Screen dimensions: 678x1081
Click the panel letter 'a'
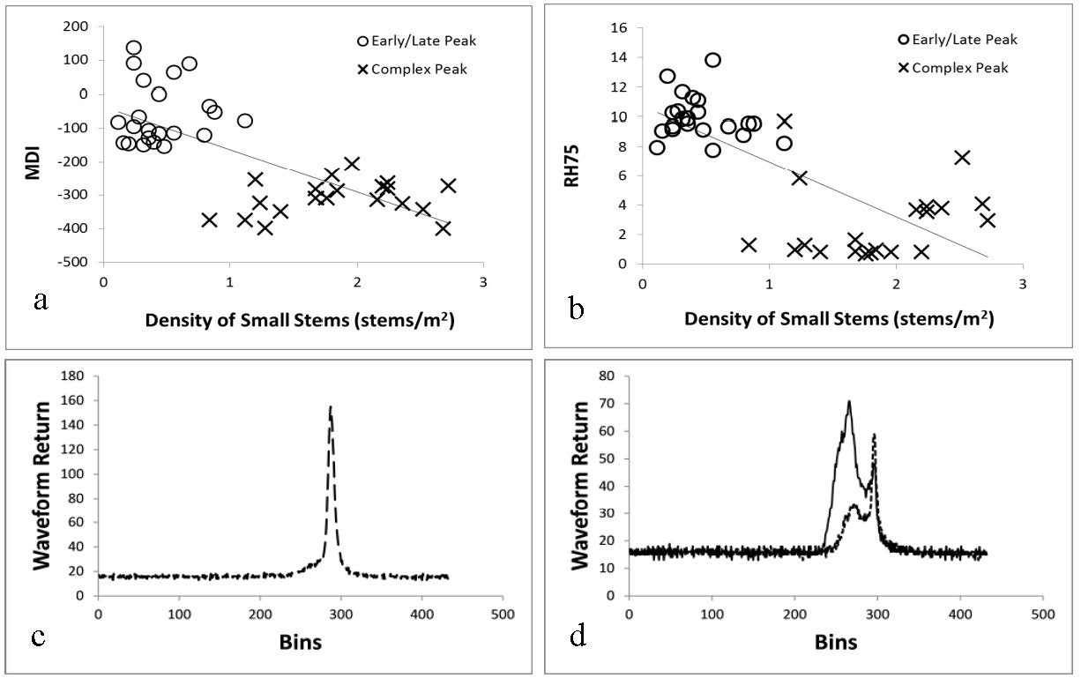tap(40, 302)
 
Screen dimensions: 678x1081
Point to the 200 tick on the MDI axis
tap(77, 26)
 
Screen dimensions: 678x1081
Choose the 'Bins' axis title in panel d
tap(835, 641)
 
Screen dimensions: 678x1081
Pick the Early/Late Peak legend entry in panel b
tap(955, 40)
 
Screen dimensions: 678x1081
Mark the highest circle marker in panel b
tap(712, 60)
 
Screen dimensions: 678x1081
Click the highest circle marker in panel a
tap(133, 48)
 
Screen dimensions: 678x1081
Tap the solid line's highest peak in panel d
tap(848, 402)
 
